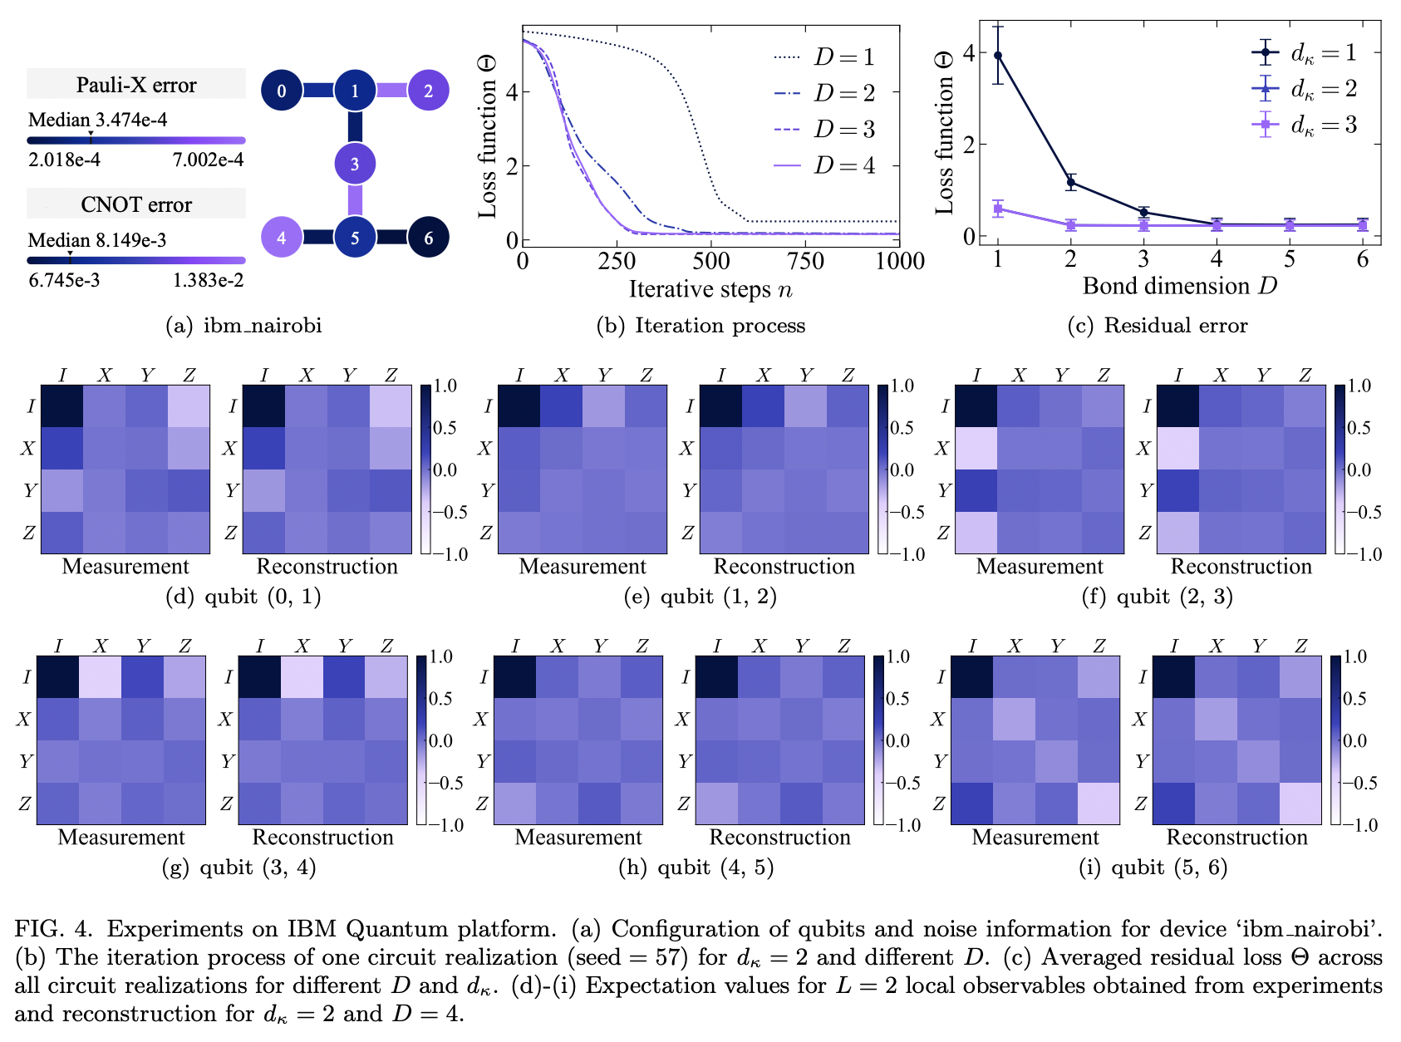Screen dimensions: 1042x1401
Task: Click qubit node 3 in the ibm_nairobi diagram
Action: coord(355,164)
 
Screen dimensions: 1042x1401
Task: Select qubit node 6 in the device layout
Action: coord(428,238)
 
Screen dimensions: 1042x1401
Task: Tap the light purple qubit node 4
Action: coord(282,238)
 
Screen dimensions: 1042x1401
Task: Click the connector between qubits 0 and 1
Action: coord(318,91)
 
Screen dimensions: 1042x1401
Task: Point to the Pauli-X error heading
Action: coord(136,85)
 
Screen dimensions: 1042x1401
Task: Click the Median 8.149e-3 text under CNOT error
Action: coord(97,240)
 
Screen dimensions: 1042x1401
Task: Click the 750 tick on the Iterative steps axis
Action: coord(805,261)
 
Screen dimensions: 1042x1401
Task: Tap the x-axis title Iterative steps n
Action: coord(710,289)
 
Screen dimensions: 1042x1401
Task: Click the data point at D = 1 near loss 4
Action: coord(998,56)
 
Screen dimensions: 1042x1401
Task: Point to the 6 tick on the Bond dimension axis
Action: coord(1362,259)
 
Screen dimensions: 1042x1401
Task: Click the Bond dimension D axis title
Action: coord(1179,286)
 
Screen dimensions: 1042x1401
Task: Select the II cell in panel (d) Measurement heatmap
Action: coord(62,406)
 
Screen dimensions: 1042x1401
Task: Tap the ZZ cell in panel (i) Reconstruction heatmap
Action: coord(1300,804)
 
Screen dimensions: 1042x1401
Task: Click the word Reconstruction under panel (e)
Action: coord(784,567)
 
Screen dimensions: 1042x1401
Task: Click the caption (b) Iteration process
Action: coord(700,325)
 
